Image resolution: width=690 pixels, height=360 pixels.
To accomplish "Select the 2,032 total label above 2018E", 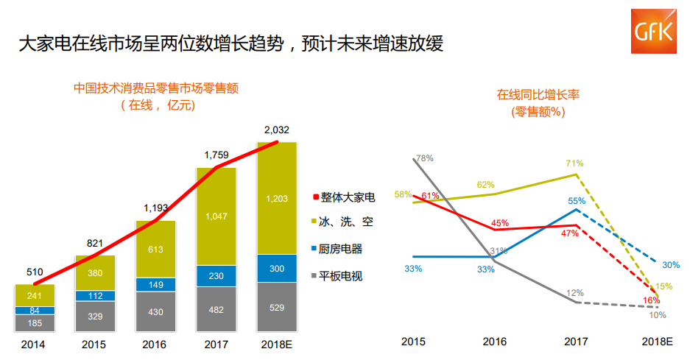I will [x=277, y=130].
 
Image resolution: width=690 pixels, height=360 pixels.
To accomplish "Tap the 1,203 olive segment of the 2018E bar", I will [x=277, y=199].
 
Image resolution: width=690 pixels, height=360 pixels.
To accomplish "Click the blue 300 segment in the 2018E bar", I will [x=277, y=269].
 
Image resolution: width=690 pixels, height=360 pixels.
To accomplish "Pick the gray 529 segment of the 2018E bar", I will [x=277, y=307].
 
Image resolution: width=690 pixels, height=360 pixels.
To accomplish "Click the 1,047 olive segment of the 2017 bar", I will [x=216, y=216].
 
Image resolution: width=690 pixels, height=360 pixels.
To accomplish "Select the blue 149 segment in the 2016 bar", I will [x=155, y=285].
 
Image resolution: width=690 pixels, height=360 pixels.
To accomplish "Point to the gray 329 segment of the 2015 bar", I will [x=95, y=316].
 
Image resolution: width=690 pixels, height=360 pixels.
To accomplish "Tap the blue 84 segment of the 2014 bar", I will [x=35, y=311].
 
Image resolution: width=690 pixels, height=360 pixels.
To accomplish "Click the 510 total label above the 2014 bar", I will [x=35, y=272].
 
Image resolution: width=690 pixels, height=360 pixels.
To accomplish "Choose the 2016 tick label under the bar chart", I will [x=155, y=344].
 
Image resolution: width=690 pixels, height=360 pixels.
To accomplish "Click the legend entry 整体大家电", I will [x=344, y=197].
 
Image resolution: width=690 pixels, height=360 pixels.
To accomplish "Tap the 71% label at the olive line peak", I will [x=574, y=163].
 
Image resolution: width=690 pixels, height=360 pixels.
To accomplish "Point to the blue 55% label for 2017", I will [x=576, y=200].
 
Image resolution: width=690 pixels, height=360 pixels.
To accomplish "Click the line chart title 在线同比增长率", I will [x=538, y=95].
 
